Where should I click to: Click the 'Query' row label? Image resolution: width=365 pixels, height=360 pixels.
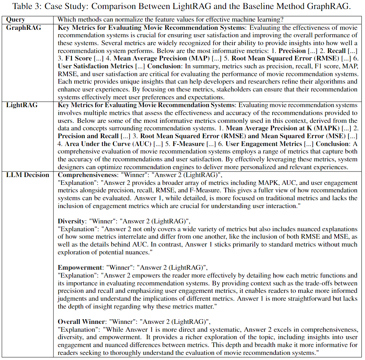point(16,20)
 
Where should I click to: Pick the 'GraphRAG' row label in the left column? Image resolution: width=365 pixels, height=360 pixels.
point(24,27)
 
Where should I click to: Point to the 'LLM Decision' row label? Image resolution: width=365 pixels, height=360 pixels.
point(27,175)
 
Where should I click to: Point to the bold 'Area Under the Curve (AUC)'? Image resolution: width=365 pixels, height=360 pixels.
point(101,144)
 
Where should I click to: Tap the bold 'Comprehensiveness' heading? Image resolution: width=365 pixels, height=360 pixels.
point(86,175)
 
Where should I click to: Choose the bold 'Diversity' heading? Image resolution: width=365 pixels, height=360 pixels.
point(71,221)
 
